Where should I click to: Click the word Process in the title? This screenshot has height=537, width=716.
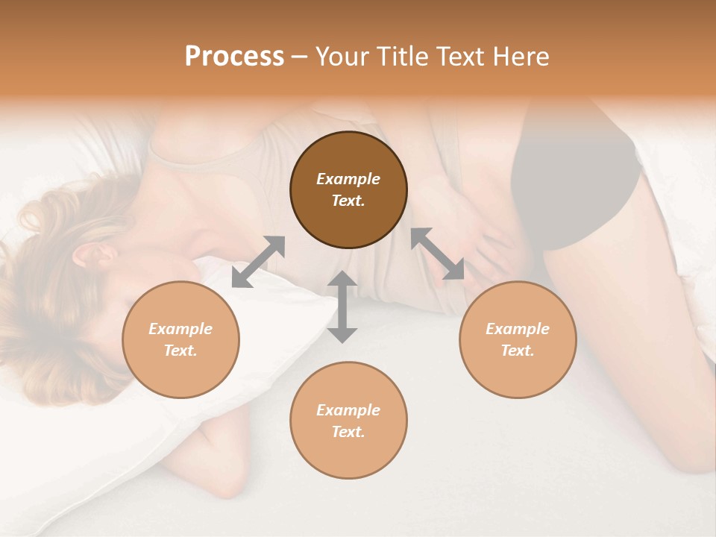pyautogui.click(x=234, y=57)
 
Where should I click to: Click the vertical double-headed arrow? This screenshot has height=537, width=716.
pyautogui.click(x=342, y=307)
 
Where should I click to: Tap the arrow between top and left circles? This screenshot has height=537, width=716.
pyautogui.click(x=258, y=262)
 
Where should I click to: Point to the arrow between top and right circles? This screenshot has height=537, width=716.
pyautogui.click(x=437, y=254)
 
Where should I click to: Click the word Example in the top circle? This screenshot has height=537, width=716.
pyautogui.click(x=348, y=179)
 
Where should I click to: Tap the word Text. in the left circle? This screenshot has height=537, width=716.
pyautogui.click(x=180, y=351)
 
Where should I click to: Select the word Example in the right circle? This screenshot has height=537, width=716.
pyautogui.click(x=518, y=329)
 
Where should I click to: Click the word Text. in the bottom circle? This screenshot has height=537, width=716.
pyautogui.click(x=348, y=432)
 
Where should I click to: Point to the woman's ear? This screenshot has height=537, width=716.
pyautogui.click(x=97, y=256)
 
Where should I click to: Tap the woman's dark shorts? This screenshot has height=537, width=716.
pyautogui.click(x=574, y=179)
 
